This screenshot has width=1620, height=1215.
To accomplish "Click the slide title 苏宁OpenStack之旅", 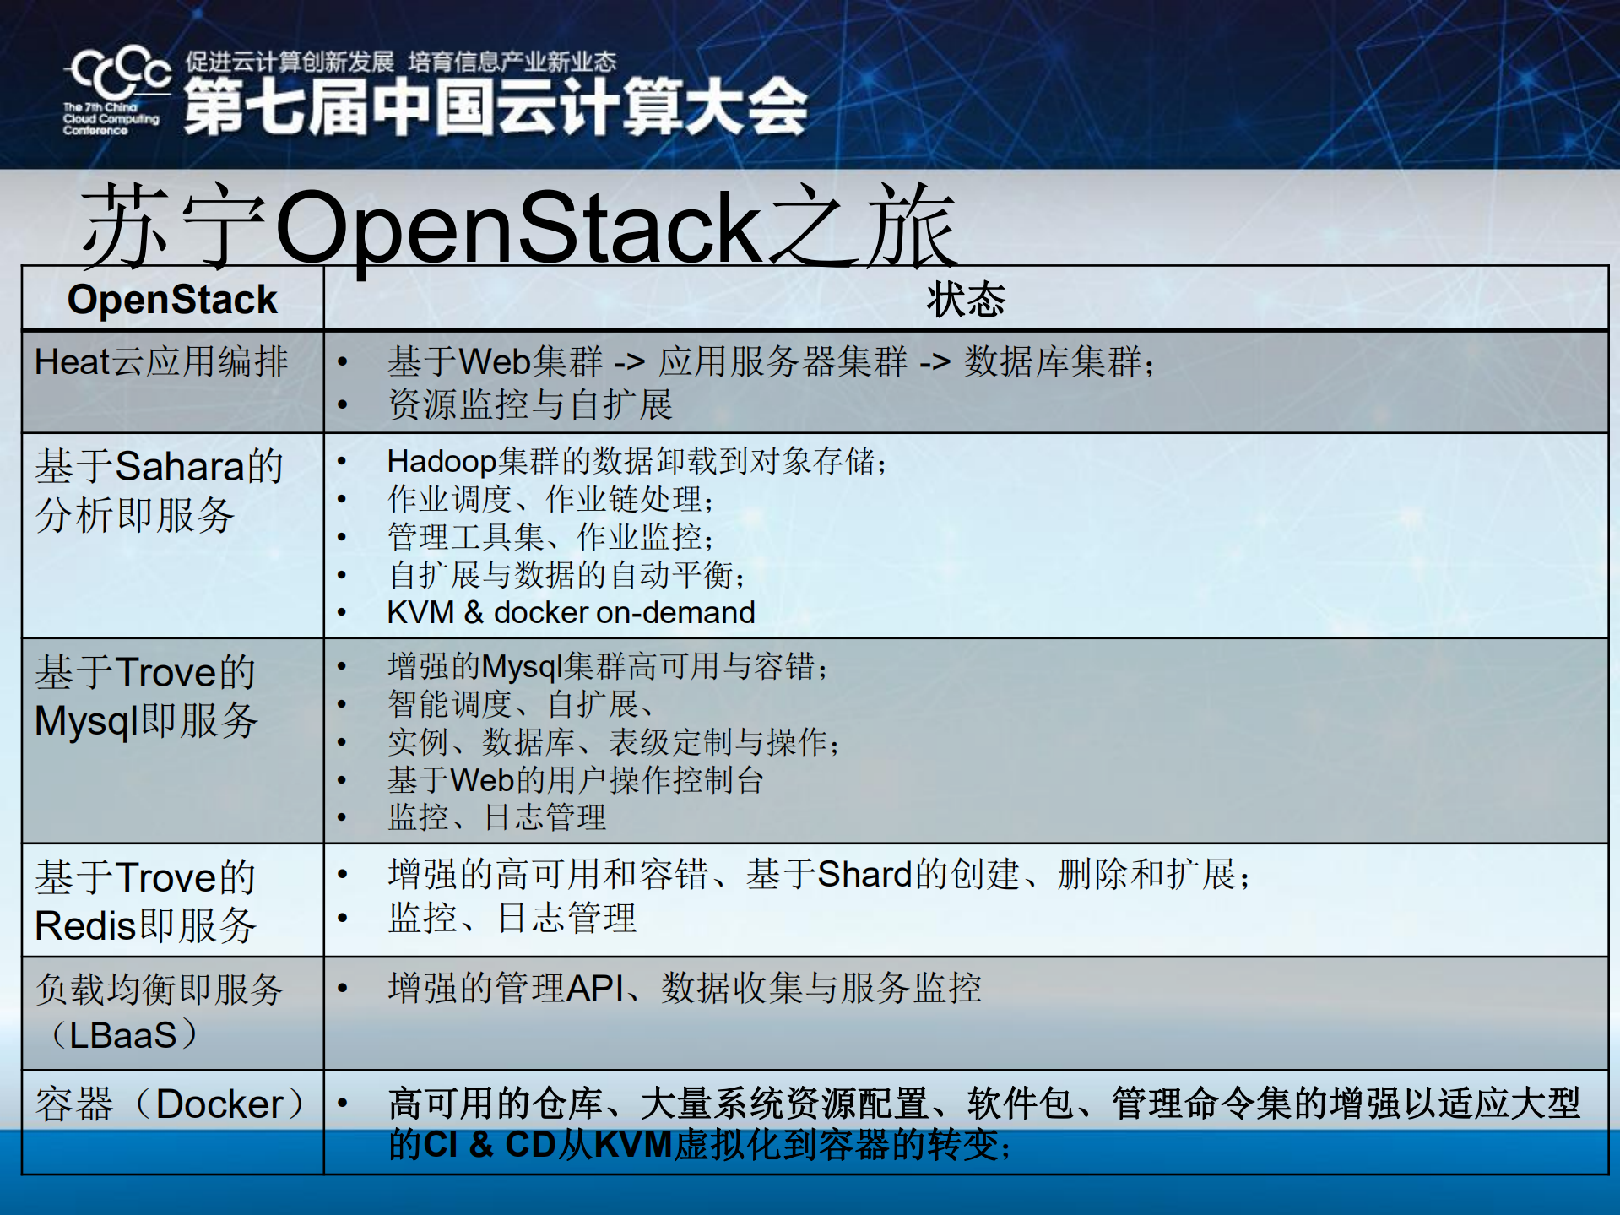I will [x=518, y=226].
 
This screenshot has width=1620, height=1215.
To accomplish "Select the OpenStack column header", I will [x=172, y=300].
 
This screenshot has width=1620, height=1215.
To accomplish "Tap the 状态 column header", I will [x=966, y=300].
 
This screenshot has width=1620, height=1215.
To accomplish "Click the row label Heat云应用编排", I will [x=161, y=362].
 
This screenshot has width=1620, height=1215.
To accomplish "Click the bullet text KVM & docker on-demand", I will [x=571, y=612].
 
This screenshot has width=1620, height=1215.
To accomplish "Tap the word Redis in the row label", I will [x=85, y=926].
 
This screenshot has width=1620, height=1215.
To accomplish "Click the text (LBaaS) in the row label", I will [x=123, y=1035].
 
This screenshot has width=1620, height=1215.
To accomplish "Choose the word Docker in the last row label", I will [x=219, y=1104].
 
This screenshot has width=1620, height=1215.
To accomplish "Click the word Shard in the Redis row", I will [x=865, y=875].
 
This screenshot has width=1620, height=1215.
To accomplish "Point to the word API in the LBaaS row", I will [x=595, y=988].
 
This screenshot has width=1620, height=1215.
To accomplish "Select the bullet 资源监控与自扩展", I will [x=530, y=404].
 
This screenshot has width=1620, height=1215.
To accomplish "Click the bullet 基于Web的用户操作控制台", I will [x=576, y=780].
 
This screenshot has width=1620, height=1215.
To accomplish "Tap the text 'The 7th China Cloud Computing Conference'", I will [x=111, y=119].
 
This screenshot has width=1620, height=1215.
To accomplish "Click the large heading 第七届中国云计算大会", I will [x=496, y=107].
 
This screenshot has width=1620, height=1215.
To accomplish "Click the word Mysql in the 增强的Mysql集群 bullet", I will [x=522, y=667].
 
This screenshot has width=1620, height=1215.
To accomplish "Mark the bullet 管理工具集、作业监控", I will [x=550, y=537].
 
